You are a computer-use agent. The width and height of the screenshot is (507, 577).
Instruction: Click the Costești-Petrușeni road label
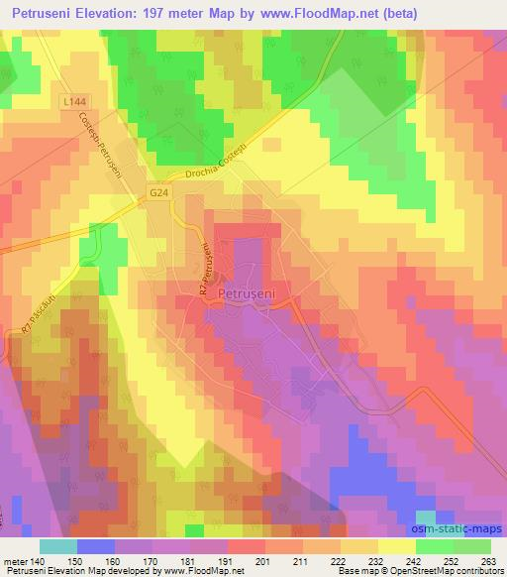[99, 146]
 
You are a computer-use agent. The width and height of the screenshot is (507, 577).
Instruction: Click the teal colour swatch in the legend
[58, 545]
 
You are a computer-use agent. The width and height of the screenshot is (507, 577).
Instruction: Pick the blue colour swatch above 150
[95, 545]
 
